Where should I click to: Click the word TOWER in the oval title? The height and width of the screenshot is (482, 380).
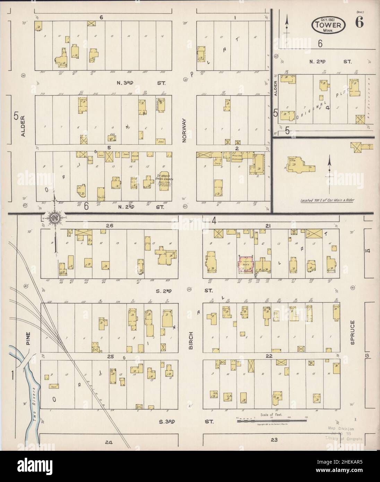[x=328, y=24]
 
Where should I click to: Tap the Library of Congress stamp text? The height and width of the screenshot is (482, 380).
[x=344, y=438]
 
